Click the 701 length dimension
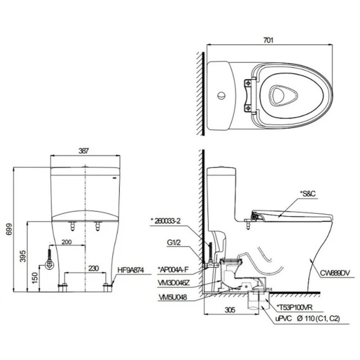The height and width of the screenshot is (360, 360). tap(268, 40)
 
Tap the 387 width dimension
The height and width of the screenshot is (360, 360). tap(84, 151)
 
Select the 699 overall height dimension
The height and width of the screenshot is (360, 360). tap(9, 229)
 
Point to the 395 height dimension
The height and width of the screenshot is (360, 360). tap(23, 256)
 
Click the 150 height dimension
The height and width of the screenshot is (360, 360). tap(35, 278)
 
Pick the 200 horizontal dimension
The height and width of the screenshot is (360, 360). tap(67, 242)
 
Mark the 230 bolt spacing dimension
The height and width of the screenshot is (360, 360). tap(94, 268)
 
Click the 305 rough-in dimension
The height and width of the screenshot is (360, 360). tap(230, 310)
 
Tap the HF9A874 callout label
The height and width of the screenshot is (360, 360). tap(130, 270)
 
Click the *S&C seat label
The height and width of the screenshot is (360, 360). tap(308, 194)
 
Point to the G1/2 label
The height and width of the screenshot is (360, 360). tap(174, 243)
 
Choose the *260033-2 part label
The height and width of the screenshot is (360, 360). tap(166, 221)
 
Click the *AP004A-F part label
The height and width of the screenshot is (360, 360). tap(173, 270)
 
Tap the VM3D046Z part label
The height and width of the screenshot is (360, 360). tap(174, 283)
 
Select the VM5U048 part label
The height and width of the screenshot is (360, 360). tap(173, 297)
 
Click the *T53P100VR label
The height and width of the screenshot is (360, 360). tap(295, 307)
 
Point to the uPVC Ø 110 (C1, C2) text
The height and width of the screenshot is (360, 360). tap(307, 319)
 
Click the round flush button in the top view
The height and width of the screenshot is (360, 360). tap(221, 95)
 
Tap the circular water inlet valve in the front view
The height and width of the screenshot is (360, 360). tap(49, 265)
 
